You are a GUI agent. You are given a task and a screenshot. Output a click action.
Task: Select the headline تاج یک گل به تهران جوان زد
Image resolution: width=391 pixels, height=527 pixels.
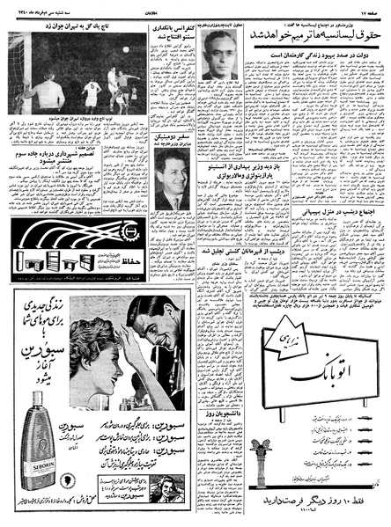pyautogui.click(x=70, y=26)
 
